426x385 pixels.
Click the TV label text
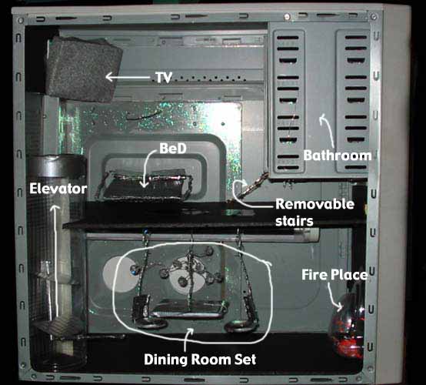tap(164, 78)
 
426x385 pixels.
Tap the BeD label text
tap(173, 149)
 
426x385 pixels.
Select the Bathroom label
tap(338, 156)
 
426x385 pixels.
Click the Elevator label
tap(58, 189)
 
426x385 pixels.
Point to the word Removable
tap(315, 204)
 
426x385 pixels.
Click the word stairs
tap(295, 221)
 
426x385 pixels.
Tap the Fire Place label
tap(334, 275)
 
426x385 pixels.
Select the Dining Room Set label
tap(200, 359)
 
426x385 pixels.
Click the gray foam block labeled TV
tap(83, 69)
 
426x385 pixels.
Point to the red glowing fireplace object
tap(347, 325)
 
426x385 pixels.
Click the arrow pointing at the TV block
tap(128, 77)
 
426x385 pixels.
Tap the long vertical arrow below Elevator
tap(56, 261)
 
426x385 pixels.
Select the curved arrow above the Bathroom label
tap(328, 131)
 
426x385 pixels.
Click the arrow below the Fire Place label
tap(334, 296)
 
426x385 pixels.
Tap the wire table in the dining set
tap(188, 309)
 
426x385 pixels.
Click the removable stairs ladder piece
tap(248, 188)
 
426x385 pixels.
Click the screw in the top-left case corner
tap(21, 20)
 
